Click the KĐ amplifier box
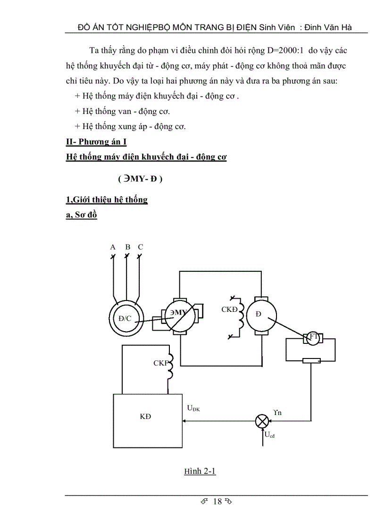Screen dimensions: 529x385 pyautogui.click(x=148, y=421)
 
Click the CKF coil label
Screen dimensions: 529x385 pyautogui.click(x=160, y=363)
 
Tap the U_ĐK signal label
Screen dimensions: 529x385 pyautogui.click(x=193, y=408)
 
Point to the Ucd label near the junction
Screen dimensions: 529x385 pyautogui.click(x=270, y=435)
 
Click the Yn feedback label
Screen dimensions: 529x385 pyautogui.click(x=277, y=412)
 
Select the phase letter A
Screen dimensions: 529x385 pyautogui.click(x=113, y=247)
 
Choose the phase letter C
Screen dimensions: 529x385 pyautogui.click(x=140, y=247)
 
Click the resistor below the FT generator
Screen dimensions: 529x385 pyautogui.click(x=311, y=361)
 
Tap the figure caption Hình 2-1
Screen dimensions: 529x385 pyautogui.click(x=200, y=471)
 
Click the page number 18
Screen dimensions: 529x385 pyautogui.click(x=217, y=501)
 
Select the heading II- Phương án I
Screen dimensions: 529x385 pyautogui.click(x=96, y=141)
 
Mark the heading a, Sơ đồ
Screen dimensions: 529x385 pyautogui.click(x=82, y=216)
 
